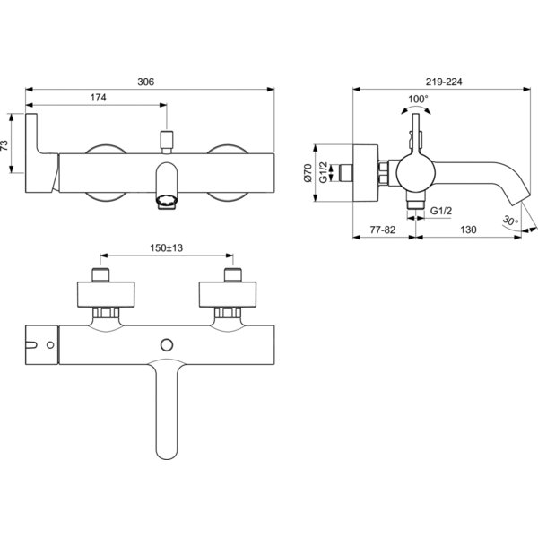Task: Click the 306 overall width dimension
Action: [146, 82]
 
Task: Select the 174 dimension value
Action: [98, 98]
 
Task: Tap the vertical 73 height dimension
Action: [4, 145]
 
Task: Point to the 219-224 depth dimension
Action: [444, 82]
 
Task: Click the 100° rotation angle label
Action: [418, 100]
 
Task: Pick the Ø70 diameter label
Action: [308, 173]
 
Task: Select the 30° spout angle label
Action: [510, 221]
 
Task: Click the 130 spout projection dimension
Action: [468, 230]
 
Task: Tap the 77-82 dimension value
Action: [383, 230]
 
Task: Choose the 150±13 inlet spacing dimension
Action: [167, 247]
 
